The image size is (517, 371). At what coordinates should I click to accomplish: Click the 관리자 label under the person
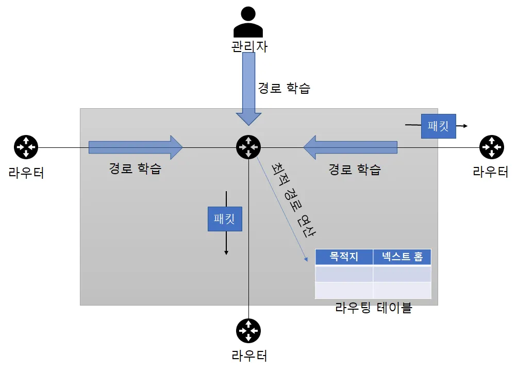[249, 46]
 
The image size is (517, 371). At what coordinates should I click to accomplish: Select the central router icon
[248, 147]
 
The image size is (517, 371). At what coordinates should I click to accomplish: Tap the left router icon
[26, 147]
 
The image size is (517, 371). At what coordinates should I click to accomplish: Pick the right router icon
[491, 147]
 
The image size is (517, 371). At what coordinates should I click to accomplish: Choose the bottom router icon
[248, 331]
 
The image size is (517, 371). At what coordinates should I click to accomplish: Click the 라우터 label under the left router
[26, 172]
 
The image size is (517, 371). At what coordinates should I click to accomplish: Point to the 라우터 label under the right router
[491, 172]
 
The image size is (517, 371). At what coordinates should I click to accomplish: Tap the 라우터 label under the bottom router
[249, 356]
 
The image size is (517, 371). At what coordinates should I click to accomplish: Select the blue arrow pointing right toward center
[136, 147]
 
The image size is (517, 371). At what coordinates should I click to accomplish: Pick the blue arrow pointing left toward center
[351, 147]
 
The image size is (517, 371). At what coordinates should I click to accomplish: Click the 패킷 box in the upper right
[439, 126]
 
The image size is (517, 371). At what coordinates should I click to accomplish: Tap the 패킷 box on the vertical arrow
[225, 218]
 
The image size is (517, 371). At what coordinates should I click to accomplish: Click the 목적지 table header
[344, 257]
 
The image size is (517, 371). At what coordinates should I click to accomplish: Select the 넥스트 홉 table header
[402, 257]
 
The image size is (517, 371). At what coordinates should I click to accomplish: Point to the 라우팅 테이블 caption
[374, 308]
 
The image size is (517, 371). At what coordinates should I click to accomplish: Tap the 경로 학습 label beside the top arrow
[284, 88]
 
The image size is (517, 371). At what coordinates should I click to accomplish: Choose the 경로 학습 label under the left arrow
[135, 168]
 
